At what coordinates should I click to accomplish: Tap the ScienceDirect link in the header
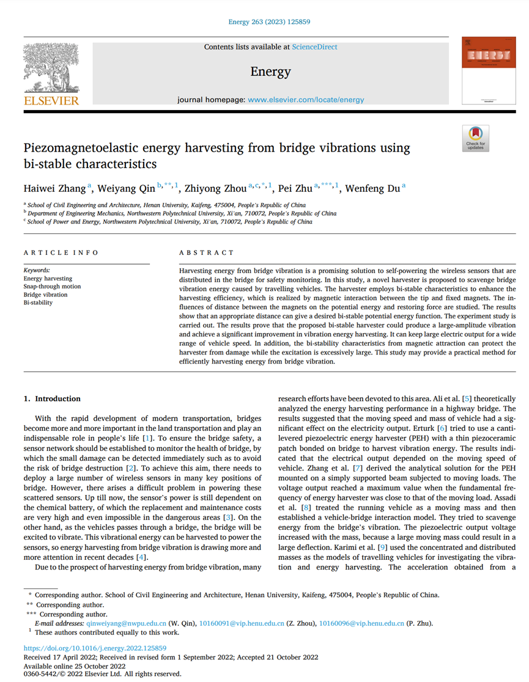(x=314, y=47)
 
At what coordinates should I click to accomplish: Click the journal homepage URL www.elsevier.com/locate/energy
(x=306, y=100)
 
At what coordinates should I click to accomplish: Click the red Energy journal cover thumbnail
(x=488, y=72)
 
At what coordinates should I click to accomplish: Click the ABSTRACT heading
(x=206, y=252)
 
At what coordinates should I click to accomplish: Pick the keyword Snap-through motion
(x=52, y=287)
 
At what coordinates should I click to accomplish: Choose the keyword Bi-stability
(x=38, y=302)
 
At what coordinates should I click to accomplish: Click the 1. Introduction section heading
(x=52, y=399)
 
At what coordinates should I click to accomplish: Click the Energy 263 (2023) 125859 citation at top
(x=270, y=22)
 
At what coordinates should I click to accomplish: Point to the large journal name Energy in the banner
(x=270, y=72)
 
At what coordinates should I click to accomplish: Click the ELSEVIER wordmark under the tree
(x=50, y=101)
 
